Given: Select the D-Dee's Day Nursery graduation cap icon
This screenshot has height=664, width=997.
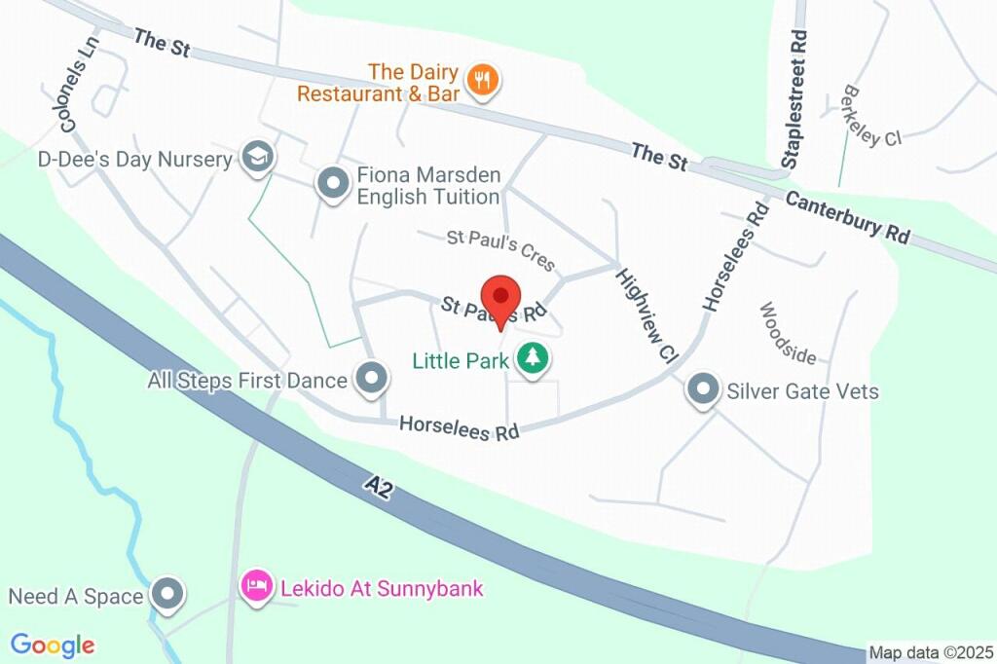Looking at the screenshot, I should [x=258, y=158].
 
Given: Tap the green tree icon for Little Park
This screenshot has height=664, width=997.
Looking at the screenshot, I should [x=532, y=359].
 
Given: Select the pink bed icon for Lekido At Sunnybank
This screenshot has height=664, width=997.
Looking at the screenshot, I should [x=256, y=587].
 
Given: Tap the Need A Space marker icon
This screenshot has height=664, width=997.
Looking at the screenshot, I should [x=169, y=595].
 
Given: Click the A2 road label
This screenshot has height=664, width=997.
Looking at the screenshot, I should [x=381, y=486].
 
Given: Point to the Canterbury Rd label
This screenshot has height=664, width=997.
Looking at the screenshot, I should [x=847, y=218].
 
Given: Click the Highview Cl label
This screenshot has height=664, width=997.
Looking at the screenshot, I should [x=645, y=315].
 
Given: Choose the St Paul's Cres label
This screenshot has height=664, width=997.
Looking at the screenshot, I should [x=500, y=249].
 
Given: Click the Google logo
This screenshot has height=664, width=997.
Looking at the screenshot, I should [x=53, y=645].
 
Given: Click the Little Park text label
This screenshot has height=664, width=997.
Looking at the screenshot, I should [x=461, y=361].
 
